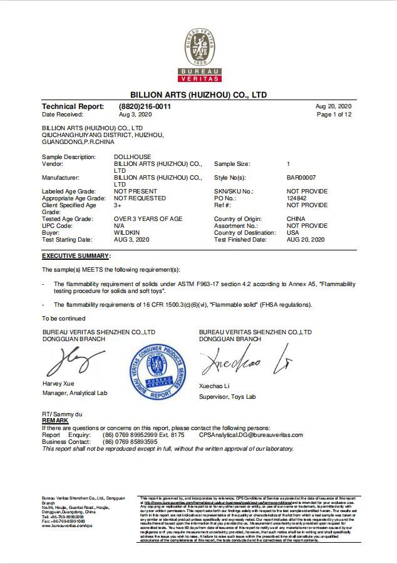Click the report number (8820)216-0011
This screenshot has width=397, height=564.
[x=144, y=106]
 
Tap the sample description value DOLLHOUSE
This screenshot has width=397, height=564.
[x=132, y=156]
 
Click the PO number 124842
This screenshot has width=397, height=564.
[x=297, y=198]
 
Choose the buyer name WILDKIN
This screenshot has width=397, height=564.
[x=126, y=232]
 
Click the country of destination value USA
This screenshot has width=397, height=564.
[x=292, y=232]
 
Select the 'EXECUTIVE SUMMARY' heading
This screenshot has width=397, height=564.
[x=76, y=256]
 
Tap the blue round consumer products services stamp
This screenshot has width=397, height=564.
[x=158, y=372]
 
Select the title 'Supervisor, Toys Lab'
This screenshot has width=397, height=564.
[x=227, y=397]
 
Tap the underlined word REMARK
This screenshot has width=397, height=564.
[x=55, y=421]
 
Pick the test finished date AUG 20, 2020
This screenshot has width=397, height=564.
[x=306, y=240]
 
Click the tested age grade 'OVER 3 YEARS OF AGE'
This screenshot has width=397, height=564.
[x=148, y=218]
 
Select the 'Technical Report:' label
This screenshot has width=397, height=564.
[x=73, y=106]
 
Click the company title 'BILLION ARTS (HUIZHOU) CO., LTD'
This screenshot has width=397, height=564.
[x=198, y=95]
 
